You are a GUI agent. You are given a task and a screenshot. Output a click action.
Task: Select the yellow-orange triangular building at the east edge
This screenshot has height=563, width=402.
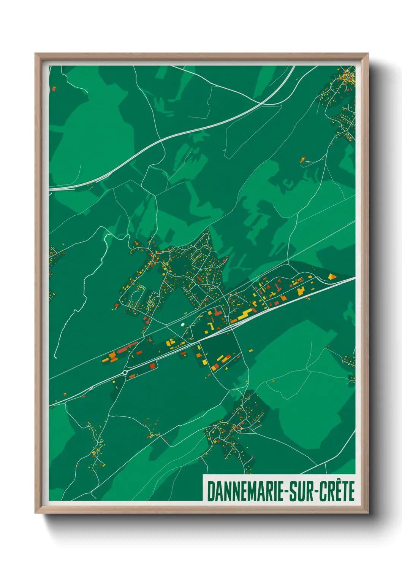pyautogui.click(x=332, y=276)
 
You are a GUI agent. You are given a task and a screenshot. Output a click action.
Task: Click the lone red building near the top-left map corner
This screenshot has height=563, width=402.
pyautogui.click(x=54, y=89)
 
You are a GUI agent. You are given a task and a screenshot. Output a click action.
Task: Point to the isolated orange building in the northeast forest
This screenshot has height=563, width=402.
pyautogui.click(x=303, y=160)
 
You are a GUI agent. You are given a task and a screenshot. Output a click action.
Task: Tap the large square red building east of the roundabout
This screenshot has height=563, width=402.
pyautogui.click(x=152, y=366)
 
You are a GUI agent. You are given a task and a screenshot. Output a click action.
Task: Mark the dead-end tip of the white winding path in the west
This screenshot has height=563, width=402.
pyautogui.click(x=55, y=358)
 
